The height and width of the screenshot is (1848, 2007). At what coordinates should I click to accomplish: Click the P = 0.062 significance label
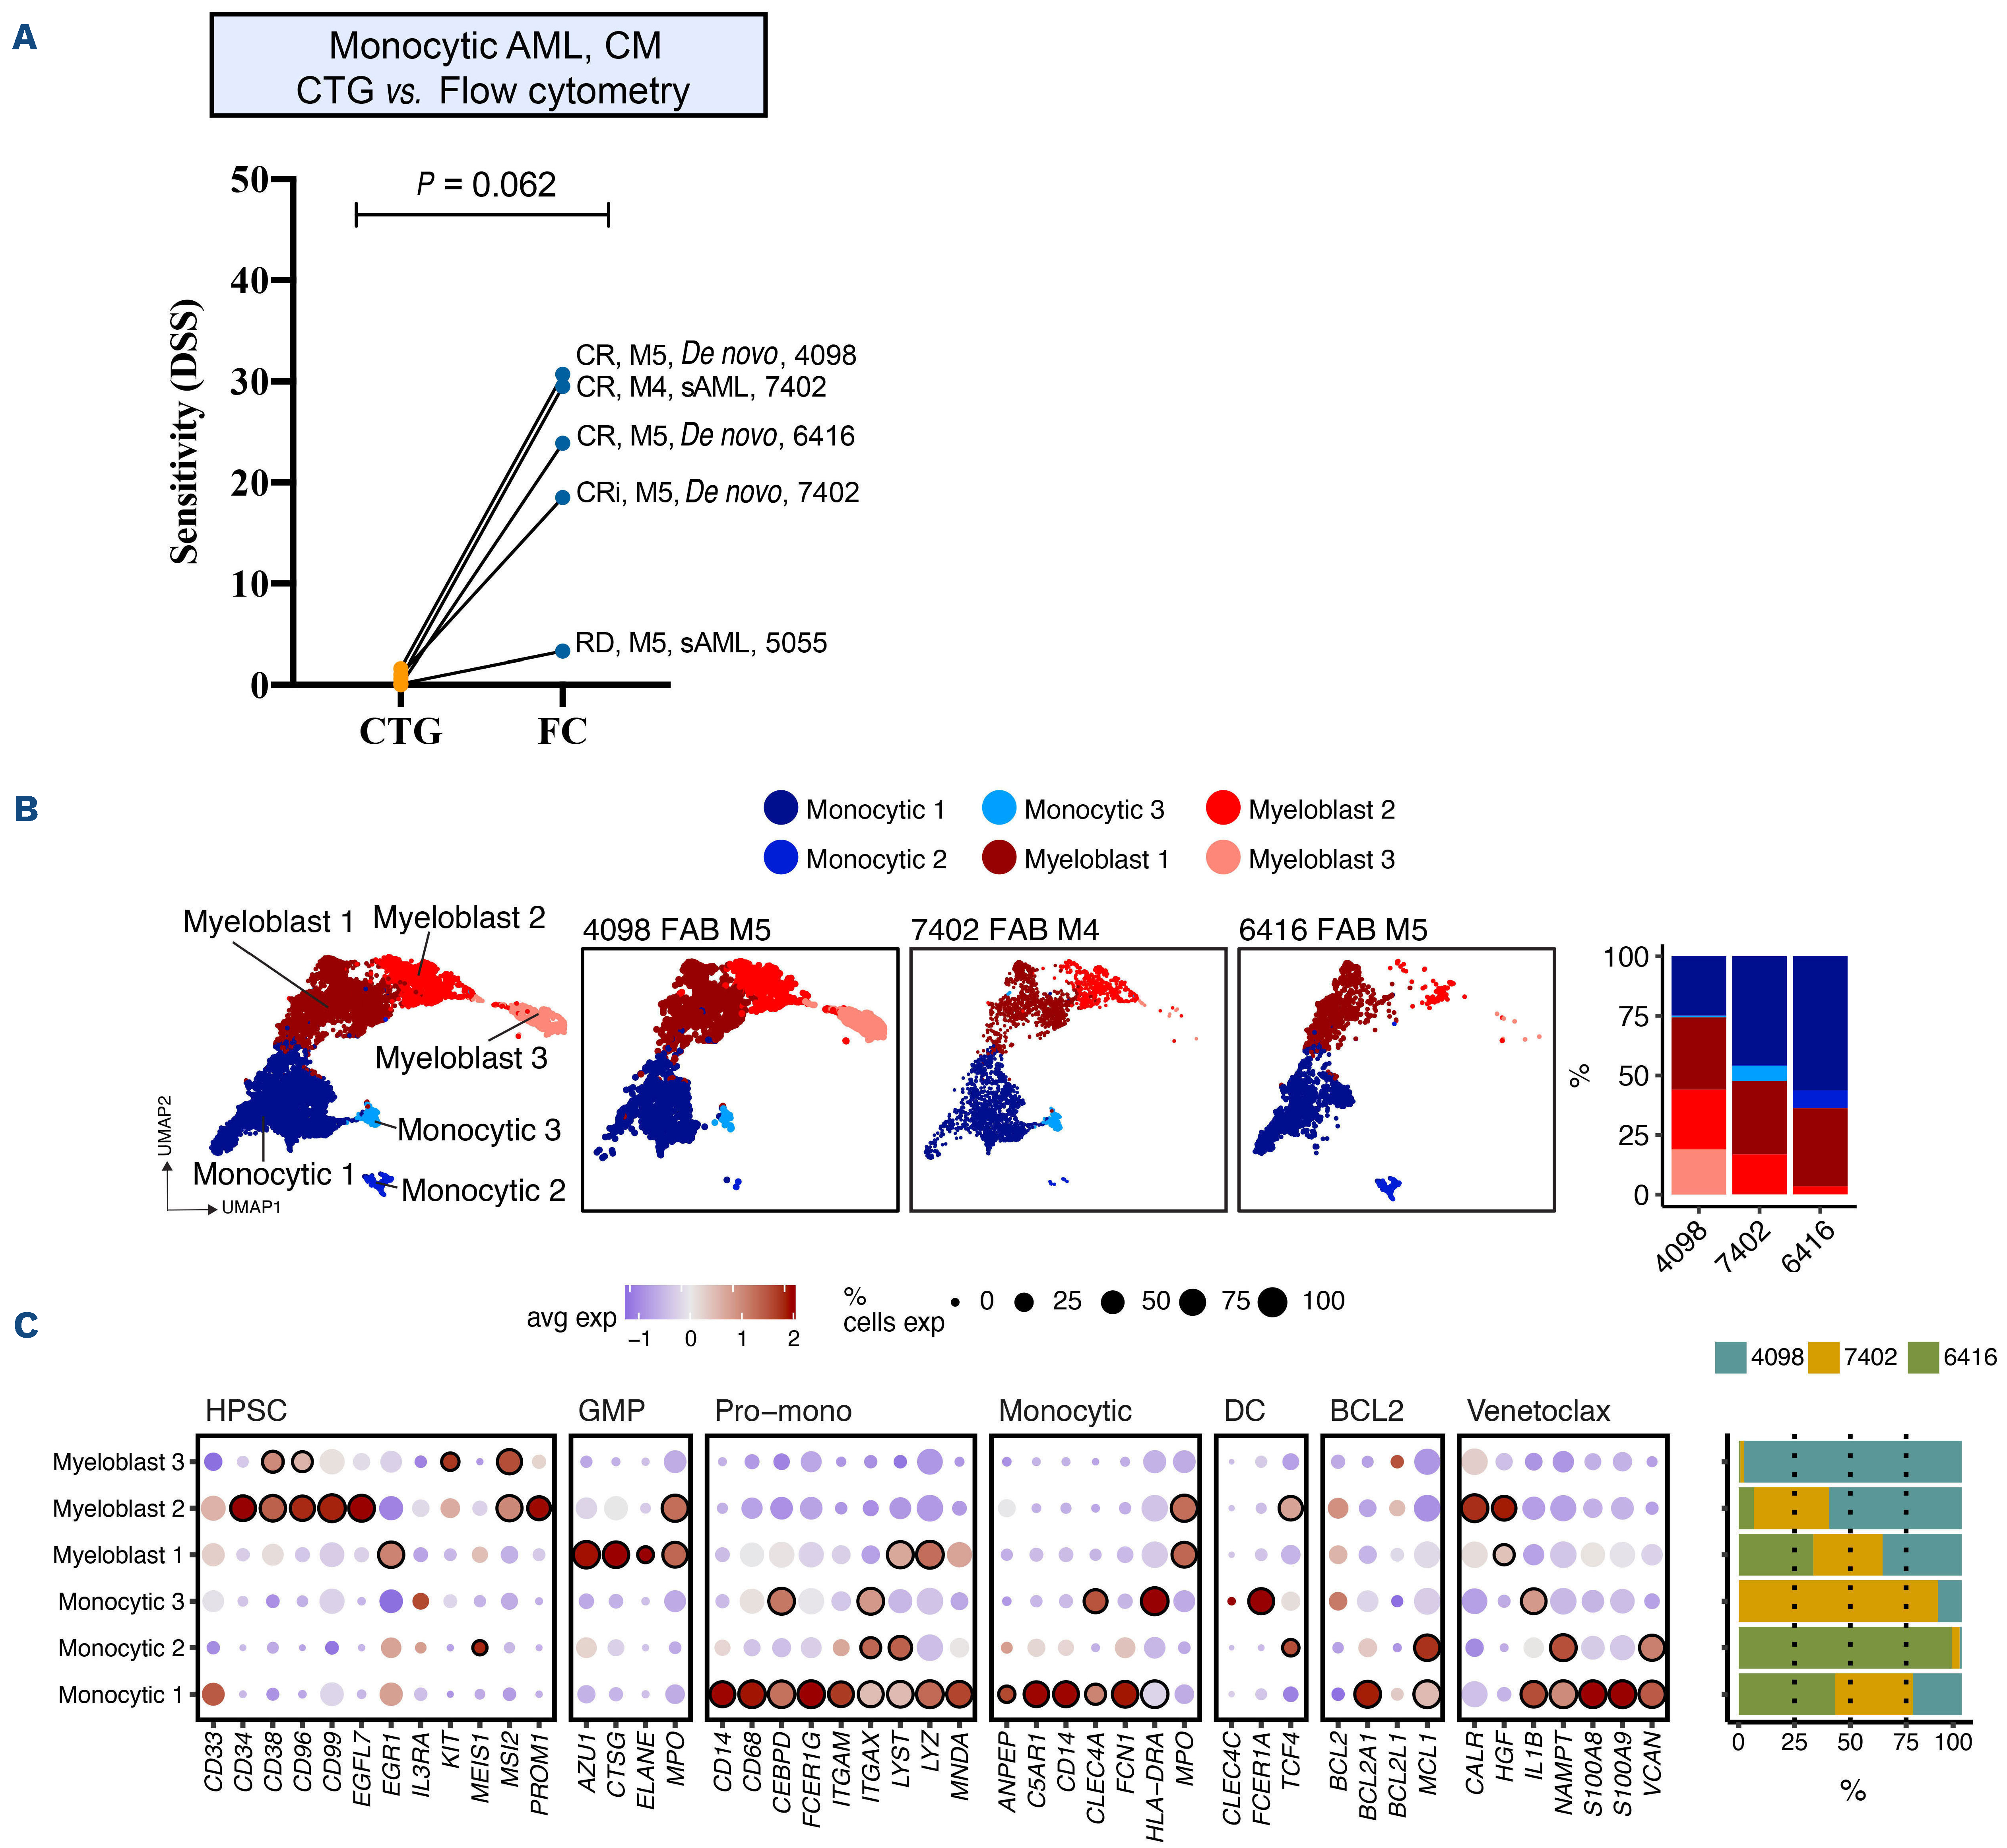486,185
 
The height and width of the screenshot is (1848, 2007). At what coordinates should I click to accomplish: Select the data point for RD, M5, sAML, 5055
563,651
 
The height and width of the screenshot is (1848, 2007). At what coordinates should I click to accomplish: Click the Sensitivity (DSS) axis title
186,432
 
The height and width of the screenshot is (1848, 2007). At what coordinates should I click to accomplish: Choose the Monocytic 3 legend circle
999,808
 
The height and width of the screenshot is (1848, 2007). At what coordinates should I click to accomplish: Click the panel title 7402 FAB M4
1004,930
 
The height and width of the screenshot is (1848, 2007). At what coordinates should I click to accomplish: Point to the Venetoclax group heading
1538,1411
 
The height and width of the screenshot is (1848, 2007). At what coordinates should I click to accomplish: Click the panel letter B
26,809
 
